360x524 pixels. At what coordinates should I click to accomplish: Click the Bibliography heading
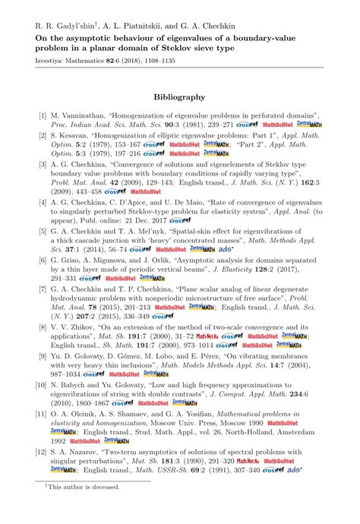coord(179,97)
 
